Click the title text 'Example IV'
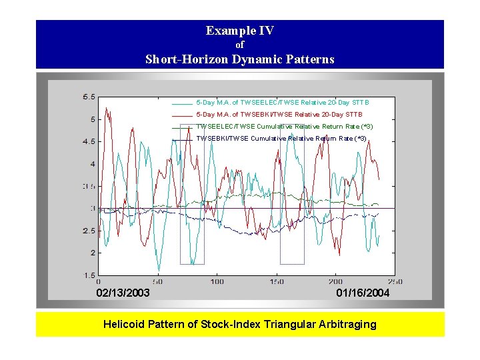239,31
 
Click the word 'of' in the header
240,45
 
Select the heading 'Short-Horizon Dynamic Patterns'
240,59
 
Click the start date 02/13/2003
123,293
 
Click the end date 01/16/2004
363,293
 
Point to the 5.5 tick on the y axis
88,97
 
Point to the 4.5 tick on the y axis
88,141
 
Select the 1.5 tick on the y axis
88,275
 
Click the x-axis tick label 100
217,282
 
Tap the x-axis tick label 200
335,282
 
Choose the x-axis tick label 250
394,282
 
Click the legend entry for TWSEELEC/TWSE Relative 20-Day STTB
283,103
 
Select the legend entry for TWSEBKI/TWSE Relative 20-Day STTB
279,115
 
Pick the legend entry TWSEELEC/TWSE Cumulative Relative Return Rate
285,127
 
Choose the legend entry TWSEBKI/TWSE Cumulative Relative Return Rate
281,139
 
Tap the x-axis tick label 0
99,282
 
